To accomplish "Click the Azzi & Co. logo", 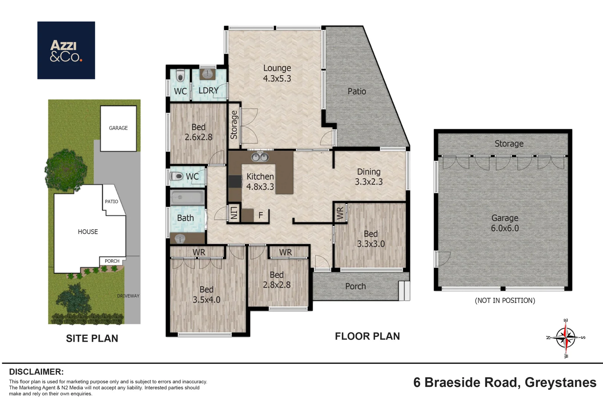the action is [66, 50].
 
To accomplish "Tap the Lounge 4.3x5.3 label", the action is [277, 73].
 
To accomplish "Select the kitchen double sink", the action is [260, 157].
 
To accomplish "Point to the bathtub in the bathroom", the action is [187, 197].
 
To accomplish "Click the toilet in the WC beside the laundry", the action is [180, 76].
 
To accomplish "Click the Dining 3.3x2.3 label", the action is [368, 177].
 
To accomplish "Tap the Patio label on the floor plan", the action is [357, 91].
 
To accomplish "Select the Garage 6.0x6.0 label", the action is [505, 223].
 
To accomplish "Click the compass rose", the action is [565, 338].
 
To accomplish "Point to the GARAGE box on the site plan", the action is [118, 128].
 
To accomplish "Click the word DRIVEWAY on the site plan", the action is [128, 296].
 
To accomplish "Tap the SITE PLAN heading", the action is [92, 338].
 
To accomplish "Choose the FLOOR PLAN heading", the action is [367, 336].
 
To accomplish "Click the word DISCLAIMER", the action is [36, 372].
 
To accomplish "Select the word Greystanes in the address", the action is [561, 383].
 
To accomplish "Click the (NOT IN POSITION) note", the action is [505, 300].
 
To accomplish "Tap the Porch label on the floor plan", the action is [355, 286].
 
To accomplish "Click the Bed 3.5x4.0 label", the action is [206, 294].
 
